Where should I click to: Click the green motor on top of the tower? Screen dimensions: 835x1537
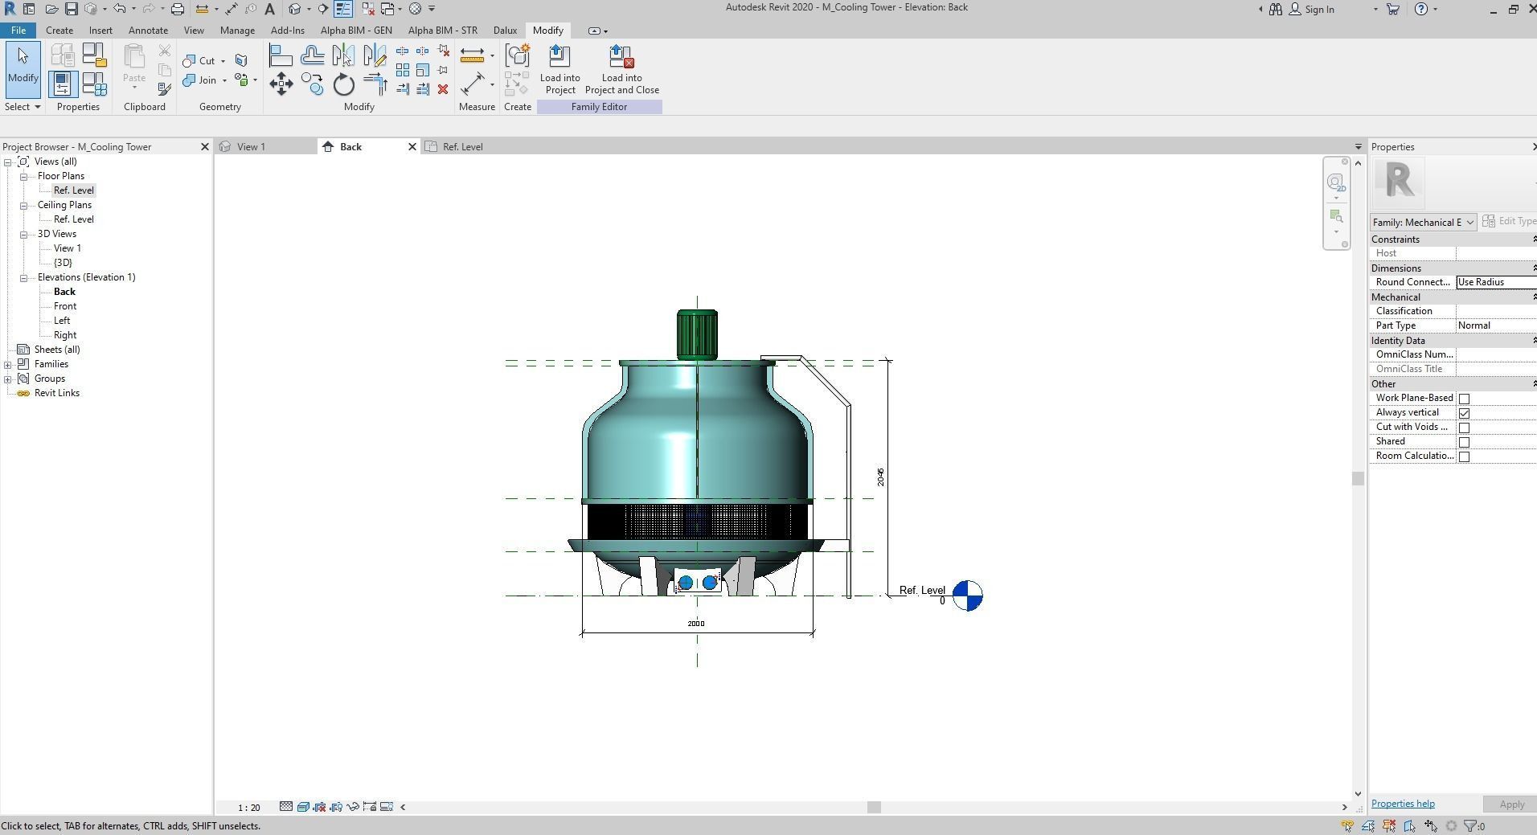[x=697, y=334]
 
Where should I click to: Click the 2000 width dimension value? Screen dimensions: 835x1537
[x=696, y=624]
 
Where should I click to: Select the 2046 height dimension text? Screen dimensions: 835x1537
[x=881, y=477]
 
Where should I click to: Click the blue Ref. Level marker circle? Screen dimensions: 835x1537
[x=967, y=596]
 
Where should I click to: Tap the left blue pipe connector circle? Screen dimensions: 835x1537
[x=686, y=583]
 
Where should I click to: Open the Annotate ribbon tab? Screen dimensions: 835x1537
[x=148, y=31]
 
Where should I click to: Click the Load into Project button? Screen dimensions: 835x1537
[x=559, y=70]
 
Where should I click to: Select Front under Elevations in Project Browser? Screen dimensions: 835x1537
[x=65, y=306]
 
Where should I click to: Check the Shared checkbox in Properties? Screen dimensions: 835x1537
[x=1464, y=442]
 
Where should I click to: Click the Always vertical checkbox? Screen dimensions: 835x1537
[x=1464, y=413]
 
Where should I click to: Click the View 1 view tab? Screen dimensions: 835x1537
[x=251, y=147]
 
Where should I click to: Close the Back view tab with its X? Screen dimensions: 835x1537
[x=412, y=147]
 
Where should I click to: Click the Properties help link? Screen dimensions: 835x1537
[x=1402, y=804]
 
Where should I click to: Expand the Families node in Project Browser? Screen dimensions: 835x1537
[x=8, y=364]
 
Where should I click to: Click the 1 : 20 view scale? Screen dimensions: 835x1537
[x=249, y=808]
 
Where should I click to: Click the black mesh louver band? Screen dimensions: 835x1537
[x=697, y=522]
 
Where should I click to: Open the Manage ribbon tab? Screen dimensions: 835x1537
[x=237, y=31]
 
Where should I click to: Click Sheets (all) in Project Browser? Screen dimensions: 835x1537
[x=57, y=350]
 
